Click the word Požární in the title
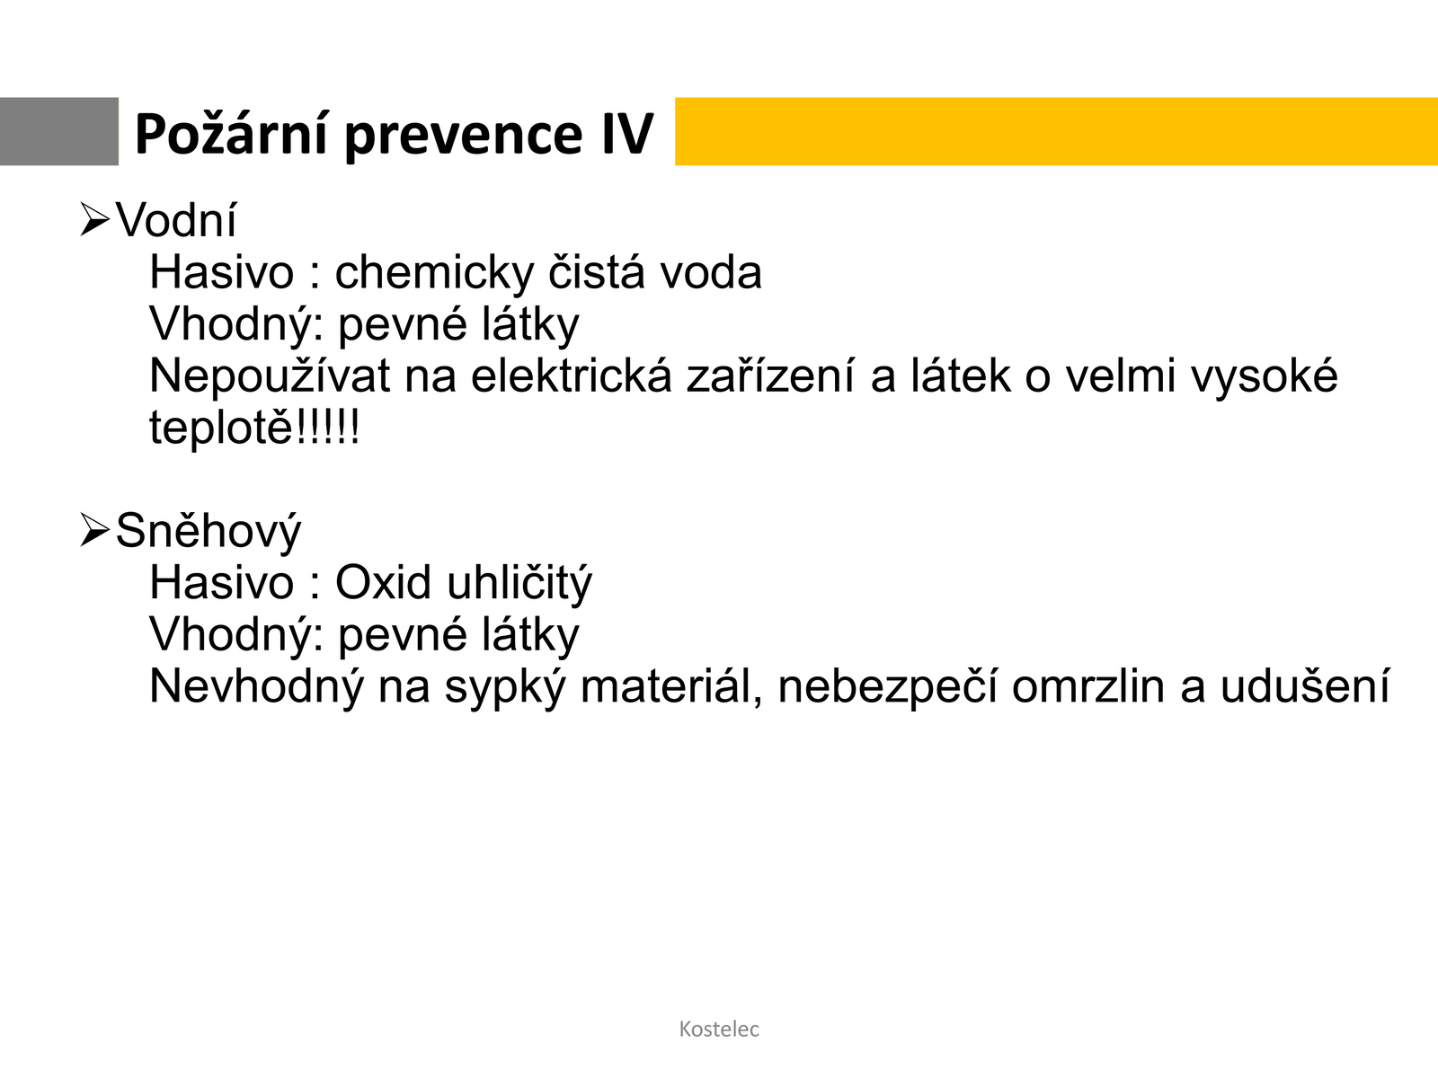point(231,134)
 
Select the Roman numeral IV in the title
point(627,134)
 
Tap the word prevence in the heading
point(464,138)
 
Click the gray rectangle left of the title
point(59,131)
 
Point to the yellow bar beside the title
point(1056,131)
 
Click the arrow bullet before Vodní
point(94,219)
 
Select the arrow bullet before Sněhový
point(94,529)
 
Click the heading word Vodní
point(176,220)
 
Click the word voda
point(710,272)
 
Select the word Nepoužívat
point(270,377)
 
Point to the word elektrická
point(572,376)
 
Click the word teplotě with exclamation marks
point(255,428)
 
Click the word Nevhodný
point(256,687)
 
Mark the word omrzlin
point(1088,686)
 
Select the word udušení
point(1304,686)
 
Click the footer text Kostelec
point(719,1029)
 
